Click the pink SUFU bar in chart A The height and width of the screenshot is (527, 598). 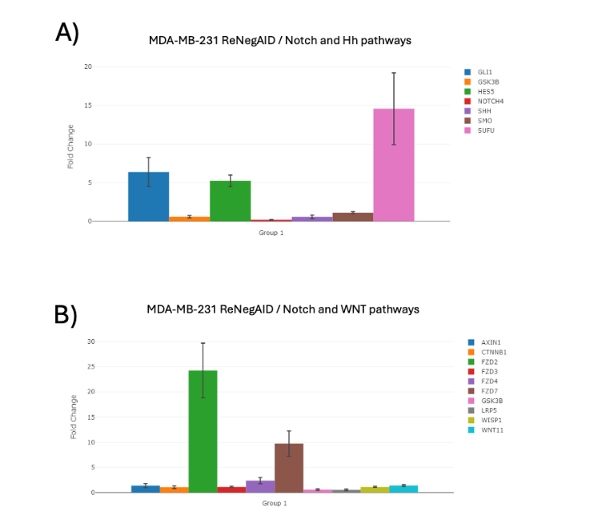coord(393,165)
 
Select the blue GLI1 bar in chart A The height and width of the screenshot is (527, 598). coord(148,197)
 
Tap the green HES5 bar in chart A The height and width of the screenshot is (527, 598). coord(230,201)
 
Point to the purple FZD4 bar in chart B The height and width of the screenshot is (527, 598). coord(260,486)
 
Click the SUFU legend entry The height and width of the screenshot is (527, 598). coord(486,130)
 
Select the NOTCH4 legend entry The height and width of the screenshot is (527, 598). coord(490,101)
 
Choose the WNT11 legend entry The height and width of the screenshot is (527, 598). coord(492,430)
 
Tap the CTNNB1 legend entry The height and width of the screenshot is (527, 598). coord(493,352)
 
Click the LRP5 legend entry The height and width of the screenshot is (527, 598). coord(490,410)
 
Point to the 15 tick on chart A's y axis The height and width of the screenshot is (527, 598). coord(89,106)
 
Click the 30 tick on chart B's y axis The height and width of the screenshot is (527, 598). coord(91,341)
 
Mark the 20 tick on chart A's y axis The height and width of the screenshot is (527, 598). coord(89,66)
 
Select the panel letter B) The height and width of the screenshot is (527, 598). coord(66,315)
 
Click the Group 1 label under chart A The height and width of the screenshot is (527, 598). coord(271,233)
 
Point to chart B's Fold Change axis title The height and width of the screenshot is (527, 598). coord(74,417)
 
